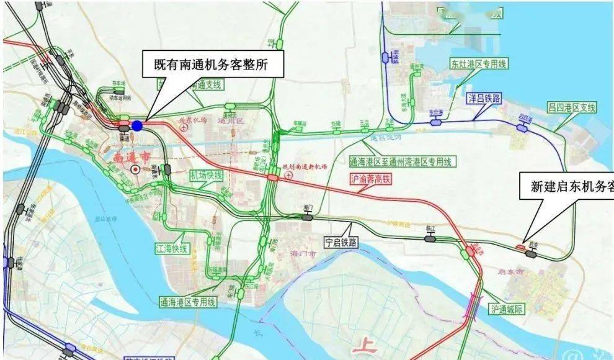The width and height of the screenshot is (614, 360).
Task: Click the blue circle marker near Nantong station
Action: [137, 125]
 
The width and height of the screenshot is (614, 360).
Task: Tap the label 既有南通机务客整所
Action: [211, 63]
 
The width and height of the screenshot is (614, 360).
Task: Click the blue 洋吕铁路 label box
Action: [483, 98]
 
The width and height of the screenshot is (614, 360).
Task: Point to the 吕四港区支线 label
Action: [571, 107]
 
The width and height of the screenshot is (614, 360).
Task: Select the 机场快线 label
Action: [206, 176]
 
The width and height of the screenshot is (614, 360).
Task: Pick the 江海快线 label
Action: [171, 248]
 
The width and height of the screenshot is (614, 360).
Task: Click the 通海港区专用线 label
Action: [187, 302]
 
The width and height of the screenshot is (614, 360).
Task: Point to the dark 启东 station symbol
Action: [531, 253]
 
